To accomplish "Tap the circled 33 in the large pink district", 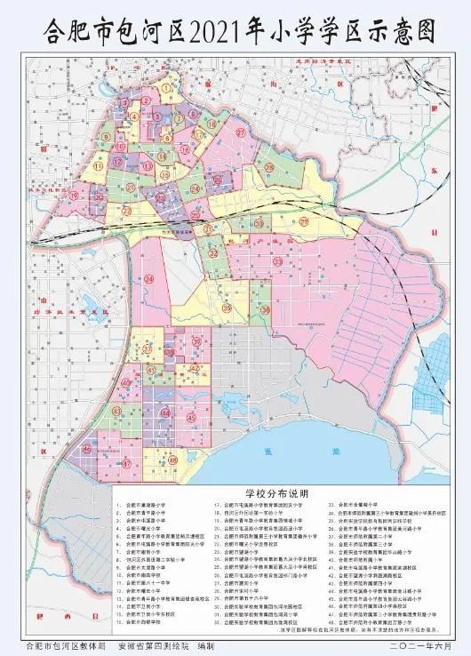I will (x=278, y=263).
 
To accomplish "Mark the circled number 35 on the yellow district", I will (x=227, y=308).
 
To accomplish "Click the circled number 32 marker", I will (x=214, y=254).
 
